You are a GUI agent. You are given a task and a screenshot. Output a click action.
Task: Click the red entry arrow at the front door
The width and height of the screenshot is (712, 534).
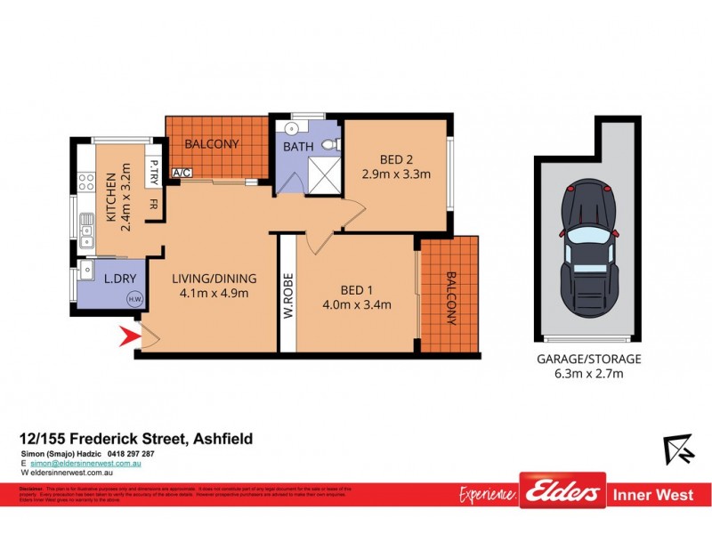click(x=130, y=336)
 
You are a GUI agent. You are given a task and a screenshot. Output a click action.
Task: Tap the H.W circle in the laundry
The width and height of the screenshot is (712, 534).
click(x=135, y=299)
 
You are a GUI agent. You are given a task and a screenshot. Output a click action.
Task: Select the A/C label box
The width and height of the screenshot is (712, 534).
click(x=181, y=173)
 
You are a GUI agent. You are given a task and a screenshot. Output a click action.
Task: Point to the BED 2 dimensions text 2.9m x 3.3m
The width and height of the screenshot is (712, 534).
click(x=396, y=174)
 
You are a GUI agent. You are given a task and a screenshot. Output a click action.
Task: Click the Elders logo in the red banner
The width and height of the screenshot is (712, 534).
click(x=562, y=492)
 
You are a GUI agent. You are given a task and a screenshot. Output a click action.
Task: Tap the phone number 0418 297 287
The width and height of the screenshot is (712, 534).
click(x=131, y=454)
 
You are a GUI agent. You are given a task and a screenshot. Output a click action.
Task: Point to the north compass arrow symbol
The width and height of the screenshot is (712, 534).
click(x=678, y=449)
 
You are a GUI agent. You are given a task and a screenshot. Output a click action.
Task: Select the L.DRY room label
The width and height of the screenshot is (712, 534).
click(x=119, y=279)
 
